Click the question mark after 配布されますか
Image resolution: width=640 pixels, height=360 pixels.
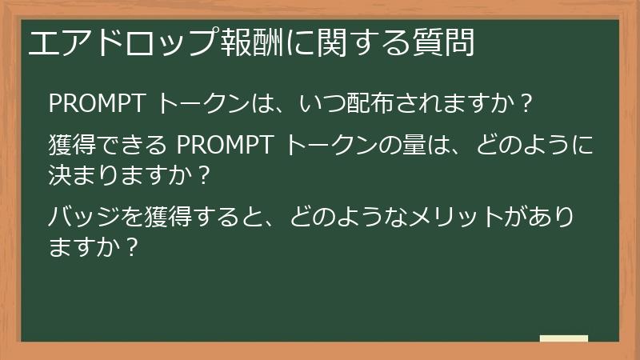526,104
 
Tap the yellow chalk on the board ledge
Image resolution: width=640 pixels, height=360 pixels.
563,338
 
